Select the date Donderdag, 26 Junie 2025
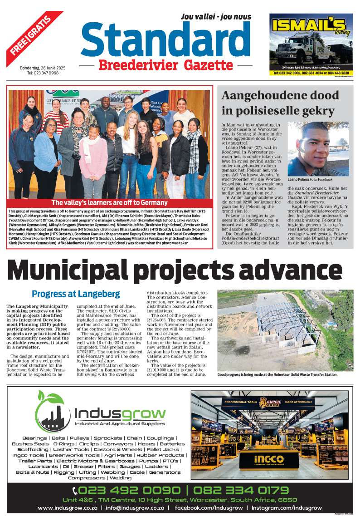click(43, 68)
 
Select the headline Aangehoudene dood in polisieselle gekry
click(280, 103)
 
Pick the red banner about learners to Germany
click(109, 203)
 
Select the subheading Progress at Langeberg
click(76, 294)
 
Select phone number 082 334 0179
click(240, 491)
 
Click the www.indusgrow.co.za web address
click(68, 508)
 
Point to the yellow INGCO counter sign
click(263, 457)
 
